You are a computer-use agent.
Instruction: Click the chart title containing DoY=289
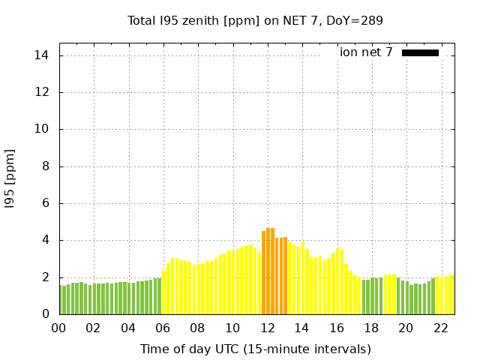255,21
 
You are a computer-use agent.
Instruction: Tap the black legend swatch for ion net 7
420,52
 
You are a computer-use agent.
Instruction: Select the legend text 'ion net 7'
366,52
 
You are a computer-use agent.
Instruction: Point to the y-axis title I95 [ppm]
10,178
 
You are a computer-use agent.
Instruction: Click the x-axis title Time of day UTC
255,349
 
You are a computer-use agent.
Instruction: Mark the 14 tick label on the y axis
43,55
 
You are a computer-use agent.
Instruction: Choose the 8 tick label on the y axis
46,166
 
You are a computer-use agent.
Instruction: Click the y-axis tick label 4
46,240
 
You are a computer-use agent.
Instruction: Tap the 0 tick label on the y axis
46,314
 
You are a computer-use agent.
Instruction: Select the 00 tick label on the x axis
59,328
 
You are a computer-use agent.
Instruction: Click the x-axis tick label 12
268,328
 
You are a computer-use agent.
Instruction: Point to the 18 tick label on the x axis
371,328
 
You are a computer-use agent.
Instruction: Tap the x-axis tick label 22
441,328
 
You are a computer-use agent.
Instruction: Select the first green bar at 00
61,300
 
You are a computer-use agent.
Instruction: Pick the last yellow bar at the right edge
451,295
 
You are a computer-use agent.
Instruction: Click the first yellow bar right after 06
164,292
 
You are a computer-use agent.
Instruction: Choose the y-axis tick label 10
43,129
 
